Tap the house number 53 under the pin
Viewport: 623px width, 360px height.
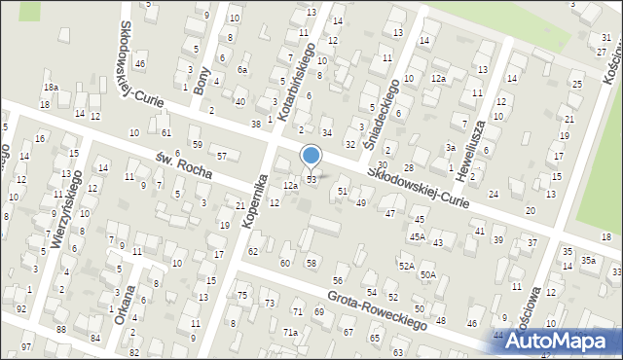coord(311,180)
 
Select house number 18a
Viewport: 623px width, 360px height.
coord(50,87)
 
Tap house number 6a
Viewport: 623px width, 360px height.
coord(242,70)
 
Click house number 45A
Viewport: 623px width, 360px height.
coord(418,236)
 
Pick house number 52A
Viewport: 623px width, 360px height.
coord(406,265)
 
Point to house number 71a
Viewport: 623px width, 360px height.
coord(290,332)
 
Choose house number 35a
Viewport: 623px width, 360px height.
coord(588,261)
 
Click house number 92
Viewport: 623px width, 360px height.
coord(21,308)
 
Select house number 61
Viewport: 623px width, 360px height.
coord(166,132)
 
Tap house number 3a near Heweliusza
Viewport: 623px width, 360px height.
coord(451,147)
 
